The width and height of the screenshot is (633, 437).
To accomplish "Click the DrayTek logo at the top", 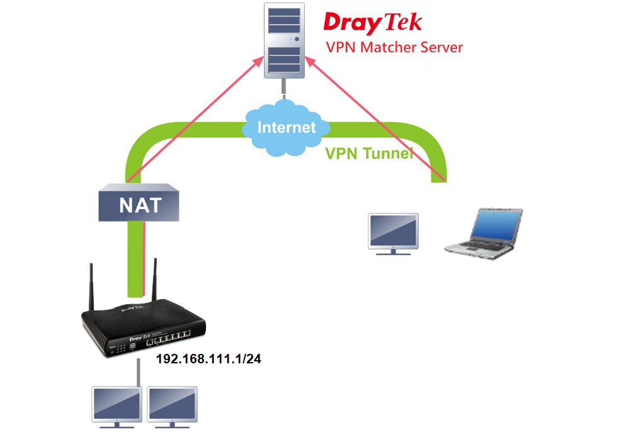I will pyautogui.click(x=372, y=23).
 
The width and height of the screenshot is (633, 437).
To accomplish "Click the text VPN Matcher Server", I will pyautogui.click(x=394, y=48).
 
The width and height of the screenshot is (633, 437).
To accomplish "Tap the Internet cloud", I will pyautogui.click(x=287, y=127).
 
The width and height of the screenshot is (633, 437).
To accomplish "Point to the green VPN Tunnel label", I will pyautogui.click(x=369, y=154).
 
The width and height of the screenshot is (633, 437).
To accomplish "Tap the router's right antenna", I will pyautogui.click(x=154, y=280).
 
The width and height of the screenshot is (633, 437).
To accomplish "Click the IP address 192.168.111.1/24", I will pyautogui.click(x=208, y=360).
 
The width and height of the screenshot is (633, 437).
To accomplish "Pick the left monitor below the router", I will pyautogui.click(x=117, y=406).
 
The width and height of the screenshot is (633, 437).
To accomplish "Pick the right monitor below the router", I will pyautogui.click(x=173, y=406).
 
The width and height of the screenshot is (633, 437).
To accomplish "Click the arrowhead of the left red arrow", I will pyautogui.click(x=260, y=60).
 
